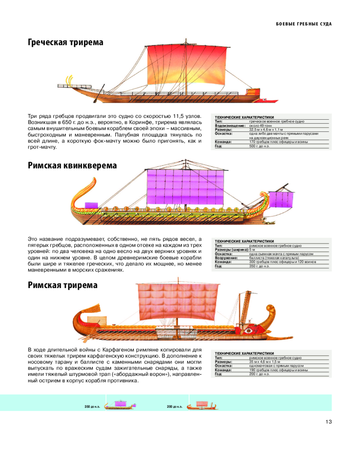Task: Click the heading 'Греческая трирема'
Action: pyautogui.click(x=65, y=42)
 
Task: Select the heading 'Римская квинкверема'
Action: pyautogui.click(x=72, y=166)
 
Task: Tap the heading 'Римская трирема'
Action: pyautogui.click(x=63, y=285)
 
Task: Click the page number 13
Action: pyautogui.click(x=328, y=422)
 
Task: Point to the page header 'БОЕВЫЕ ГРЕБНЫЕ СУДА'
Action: pyautogui.click(x=304, y=24)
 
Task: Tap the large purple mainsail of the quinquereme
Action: pyautogui.click(x=185, y=187)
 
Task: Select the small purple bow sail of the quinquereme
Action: pyautogui.click(x=281, y=199)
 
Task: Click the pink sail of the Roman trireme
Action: pyautogui.click(x=177, y=302)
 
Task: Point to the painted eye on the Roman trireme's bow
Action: pyautogui.click(x=248, y=331)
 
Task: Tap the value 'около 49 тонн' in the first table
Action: pyautogui.click(x=261, y=126)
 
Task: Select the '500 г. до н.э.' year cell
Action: pyautogui.click(x=259, y=146)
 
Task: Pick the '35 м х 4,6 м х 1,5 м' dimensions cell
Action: pyautogui.click(x=265, y=362)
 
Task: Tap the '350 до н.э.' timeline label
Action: pyautogui.click(x=92, y=407)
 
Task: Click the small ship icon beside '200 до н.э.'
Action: pyautogui.click(x=202, y=405)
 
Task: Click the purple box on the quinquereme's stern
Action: pyautogui.click(x=91, y=205)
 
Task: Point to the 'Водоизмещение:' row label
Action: pyautogui.click(x=230, y=126)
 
